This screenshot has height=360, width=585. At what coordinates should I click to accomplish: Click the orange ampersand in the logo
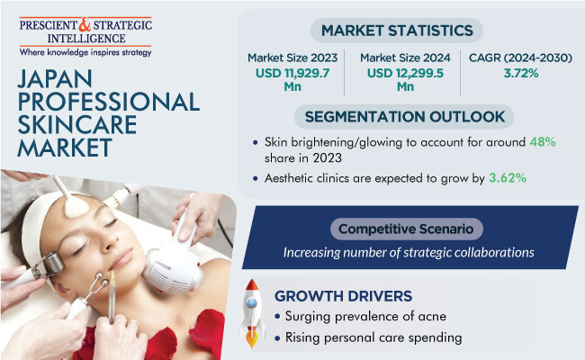(85, 24)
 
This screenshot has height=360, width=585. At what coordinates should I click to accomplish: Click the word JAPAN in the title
(55, 78)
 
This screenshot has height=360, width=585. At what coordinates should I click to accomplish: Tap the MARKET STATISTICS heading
(397, 31)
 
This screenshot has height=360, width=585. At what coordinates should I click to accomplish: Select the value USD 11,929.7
(292, 73)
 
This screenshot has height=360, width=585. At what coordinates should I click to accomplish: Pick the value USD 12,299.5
(405, 73)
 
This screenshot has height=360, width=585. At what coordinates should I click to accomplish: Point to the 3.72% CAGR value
(521, 73)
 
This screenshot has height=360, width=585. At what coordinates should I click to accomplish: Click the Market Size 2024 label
(405, 58)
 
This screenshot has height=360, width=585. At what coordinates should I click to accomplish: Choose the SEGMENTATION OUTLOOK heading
(405, 117)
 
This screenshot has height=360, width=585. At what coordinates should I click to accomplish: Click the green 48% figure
(543, 142)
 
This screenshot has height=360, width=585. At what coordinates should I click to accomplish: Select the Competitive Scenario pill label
(406, 229)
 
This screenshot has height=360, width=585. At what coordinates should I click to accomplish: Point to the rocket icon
(252, 313)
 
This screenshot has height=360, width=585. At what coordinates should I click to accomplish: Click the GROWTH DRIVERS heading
(343, 296)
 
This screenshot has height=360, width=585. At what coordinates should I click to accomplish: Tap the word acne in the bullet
(432, 317)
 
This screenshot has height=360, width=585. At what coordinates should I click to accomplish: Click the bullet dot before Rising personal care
(277, 338)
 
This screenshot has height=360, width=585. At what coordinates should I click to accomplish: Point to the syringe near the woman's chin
(112, 297)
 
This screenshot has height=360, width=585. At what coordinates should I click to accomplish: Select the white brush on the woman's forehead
(71, 200)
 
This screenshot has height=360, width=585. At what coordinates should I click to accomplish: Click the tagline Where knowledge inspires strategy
(85, 52)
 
